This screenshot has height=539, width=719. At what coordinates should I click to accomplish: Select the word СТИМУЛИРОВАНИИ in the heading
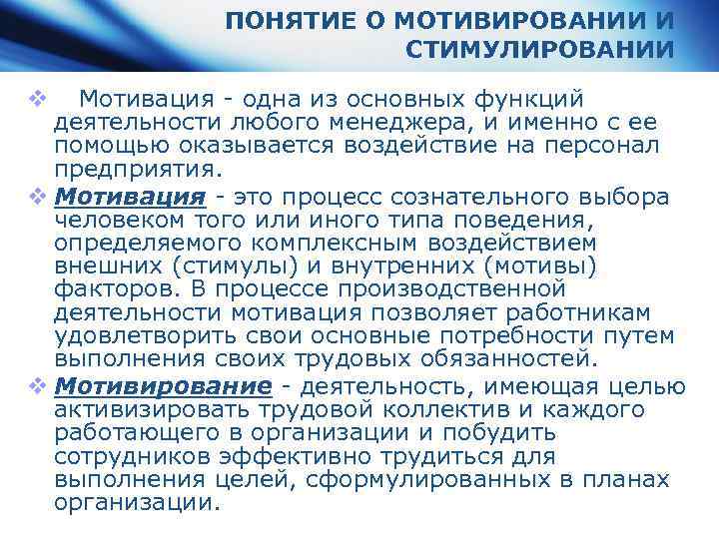click(540, 50)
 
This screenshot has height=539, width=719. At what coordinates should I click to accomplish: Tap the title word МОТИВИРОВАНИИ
click(515, 21)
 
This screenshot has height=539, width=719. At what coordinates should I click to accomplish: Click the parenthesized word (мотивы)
click(535, 267)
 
